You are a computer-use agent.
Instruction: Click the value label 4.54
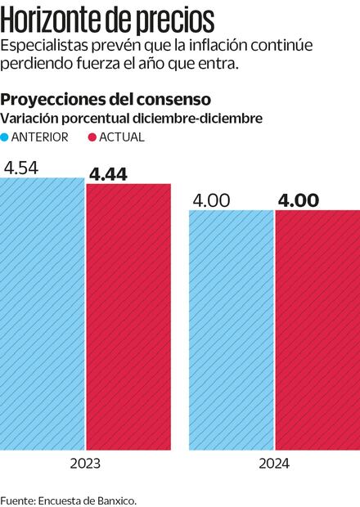coord(20,168)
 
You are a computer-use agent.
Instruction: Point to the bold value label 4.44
coord(108,173)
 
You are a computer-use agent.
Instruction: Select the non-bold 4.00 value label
coord(209,200)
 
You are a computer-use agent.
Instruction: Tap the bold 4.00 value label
coord(299,200)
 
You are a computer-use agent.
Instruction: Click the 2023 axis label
coord(85,464)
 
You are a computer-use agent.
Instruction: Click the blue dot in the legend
coord(6,137)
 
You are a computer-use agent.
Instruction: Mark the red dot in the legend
coord(92,137)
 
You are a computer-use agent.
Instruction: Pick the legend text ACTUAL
coord(122,137)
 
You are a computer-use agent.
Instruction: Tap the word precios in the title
coord(182,18)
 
